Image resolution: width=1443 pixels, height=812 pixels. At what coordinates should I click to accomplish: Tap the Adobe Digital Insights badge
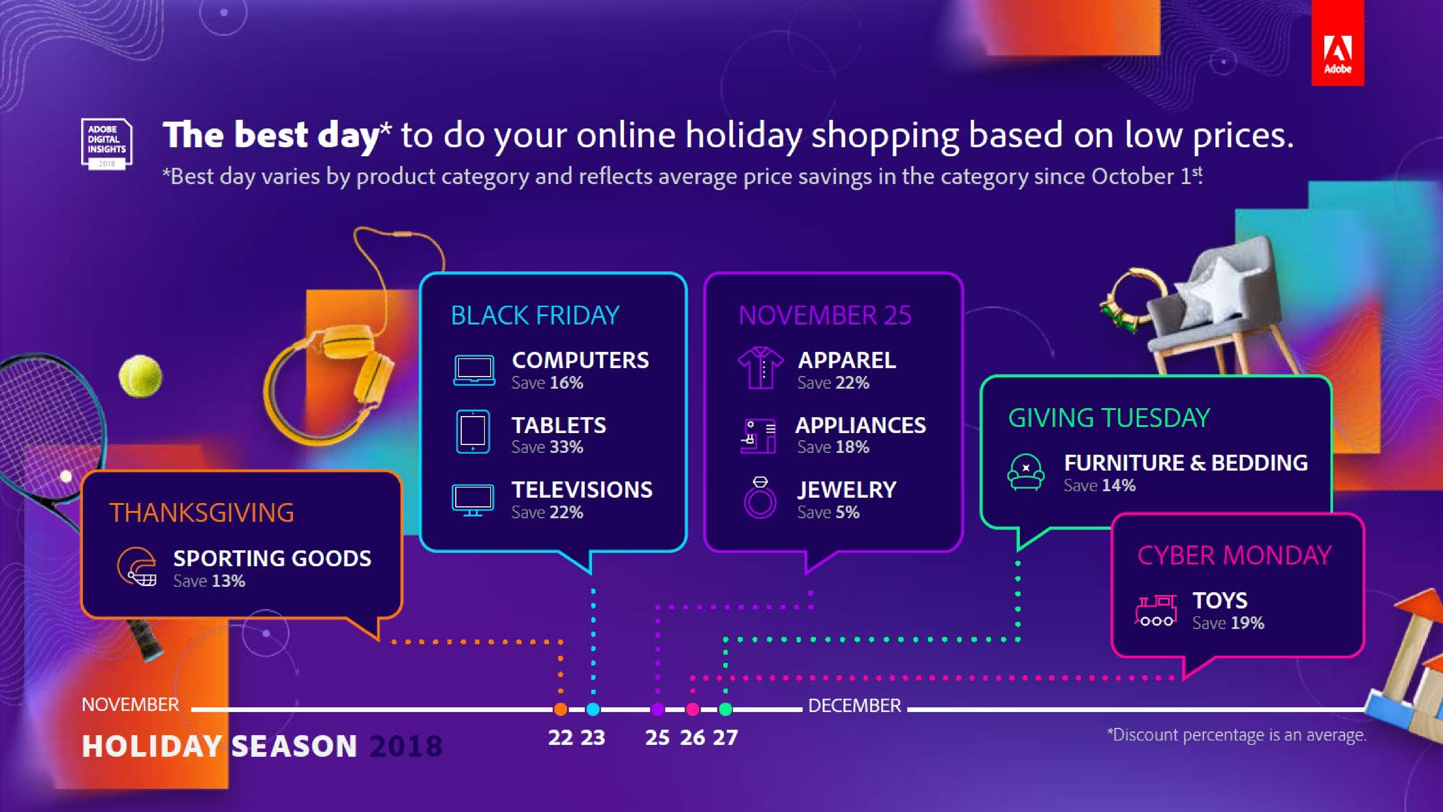106,144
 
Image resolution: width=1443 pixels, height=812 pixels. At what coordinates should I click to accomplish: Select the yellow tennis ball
141,376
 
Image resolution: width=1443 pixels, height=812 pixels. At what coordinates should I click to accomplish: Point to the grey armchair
1227,314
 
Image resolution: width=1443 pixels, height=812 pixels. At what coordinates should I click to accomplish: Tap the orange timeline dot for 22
561,709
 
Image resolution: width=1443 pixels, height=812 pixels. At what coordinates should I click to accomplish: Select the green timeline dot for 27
725,709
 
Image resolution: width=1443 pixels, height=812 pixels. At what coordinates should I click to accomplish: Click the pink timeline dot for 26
693,709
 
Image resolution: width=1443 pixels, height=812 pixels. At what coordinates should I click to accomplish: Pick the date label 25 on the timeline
657,737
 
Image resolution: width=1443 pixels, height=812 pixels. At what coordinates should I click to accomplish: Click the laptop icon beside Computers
474,370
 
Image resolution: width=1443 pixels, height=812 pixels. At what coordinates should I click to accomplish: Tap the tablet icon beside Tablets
473,432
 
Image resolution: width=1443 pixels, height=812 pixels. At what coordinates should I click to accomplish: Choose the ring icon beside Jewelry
760,498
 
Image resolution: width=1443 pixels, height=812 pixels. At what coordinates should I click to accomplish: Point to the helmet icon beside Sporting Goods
137,566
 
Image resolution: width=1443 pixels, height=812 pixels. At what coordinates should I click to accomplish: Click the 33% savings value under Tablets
566,447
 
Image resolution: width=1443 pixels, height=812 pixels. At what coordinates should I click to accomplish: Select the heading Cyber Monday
1234,555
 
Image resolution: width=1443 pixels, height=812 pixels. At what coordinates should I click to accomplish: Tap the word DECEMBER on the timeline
854,706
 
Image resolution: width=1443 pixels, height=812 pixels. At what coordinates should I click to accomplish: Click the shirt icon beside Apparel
760,368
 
